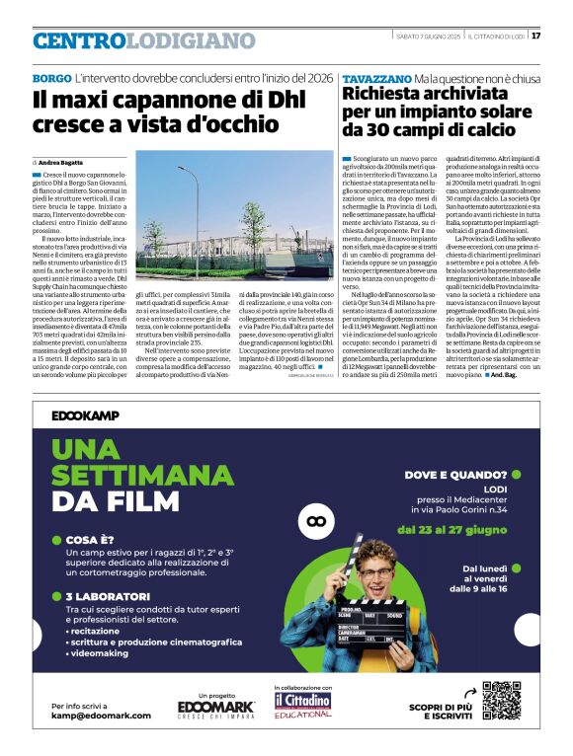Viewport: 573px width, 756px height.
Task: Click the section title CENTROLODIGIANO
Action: pos(143,40)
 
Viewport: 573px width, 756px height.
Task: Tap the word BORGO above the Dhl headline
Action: pos(51,77)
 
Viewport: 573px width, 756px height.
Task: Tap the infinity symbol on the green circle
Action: pos(317,519)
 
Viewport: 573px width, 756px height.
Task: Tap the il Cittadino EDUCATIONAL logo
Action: pos(303,703)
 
